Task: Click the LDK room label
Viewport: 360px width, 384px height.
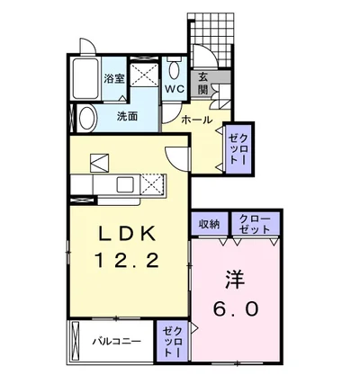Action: pos(128,233)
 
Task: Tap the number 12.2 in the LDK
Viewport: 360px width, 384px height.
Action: pos(127,260)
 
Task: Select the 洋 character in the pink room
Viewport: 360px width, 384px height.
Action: pos(236,280)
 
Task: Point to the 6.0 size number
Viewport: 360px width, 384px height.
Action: pos(236,308)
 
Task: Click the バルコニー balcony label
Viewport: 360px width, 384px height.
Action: pos(117,341)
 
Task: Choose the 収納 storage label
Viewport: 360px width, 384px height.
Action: pos(209,224)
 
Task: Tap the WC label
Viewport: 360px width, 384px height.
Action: pos(175,89)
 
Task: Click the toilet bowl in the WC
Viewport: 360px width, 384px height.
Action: pos(174,68)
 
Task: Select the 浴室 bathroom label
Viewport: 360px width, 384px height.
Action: pos(114,79)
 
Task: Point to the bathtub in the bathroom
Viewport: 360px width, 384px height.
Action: pos(86,78)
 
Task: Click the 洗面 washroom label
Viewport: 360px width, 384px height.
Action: pos(127,116)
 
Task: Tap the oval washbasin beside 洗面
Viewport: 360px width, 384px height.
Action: pos(87,119)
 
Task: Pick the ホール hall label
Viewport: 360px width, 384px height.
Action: pos(197,121)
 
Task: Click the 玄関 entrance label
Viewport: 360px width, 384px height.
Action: pos(203,84)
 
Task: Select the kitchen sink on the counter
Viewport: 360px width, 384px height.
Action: pos(125,185)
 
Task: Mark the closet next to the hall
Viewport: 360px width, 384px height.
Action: pos(238,149)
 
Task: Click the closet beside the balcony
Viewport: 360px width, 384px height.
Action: pos(172,342)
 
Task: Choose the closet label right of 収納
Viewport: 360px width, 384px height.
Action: pos(255,224)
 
